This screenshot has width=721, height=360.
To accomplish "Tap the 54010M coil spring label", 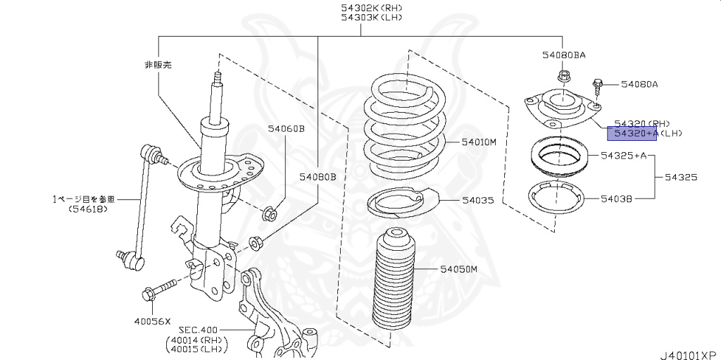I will click(479, 142).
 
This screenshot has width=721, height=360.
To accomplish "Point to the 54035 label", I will click(478, 201).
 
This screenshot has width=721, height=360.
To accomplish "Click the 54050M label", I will click(459, 269).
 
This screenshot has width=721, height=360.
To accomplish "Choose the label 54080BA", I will click(564, 54).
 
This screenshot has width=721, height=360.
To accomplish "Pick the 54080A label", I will click(639, 85).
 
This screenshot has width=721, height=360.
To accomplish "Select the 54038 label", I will click(617, 199).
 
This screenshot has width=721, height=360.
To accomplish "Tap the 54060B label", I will click(286, 128).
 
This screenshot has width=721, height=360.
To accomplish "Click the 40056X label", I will click(153, 321).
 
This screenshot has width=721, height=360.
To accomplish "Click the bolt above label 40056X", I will click(160, 290).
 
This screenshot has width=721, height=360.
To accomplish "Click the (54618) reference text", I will click(88, 209).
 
